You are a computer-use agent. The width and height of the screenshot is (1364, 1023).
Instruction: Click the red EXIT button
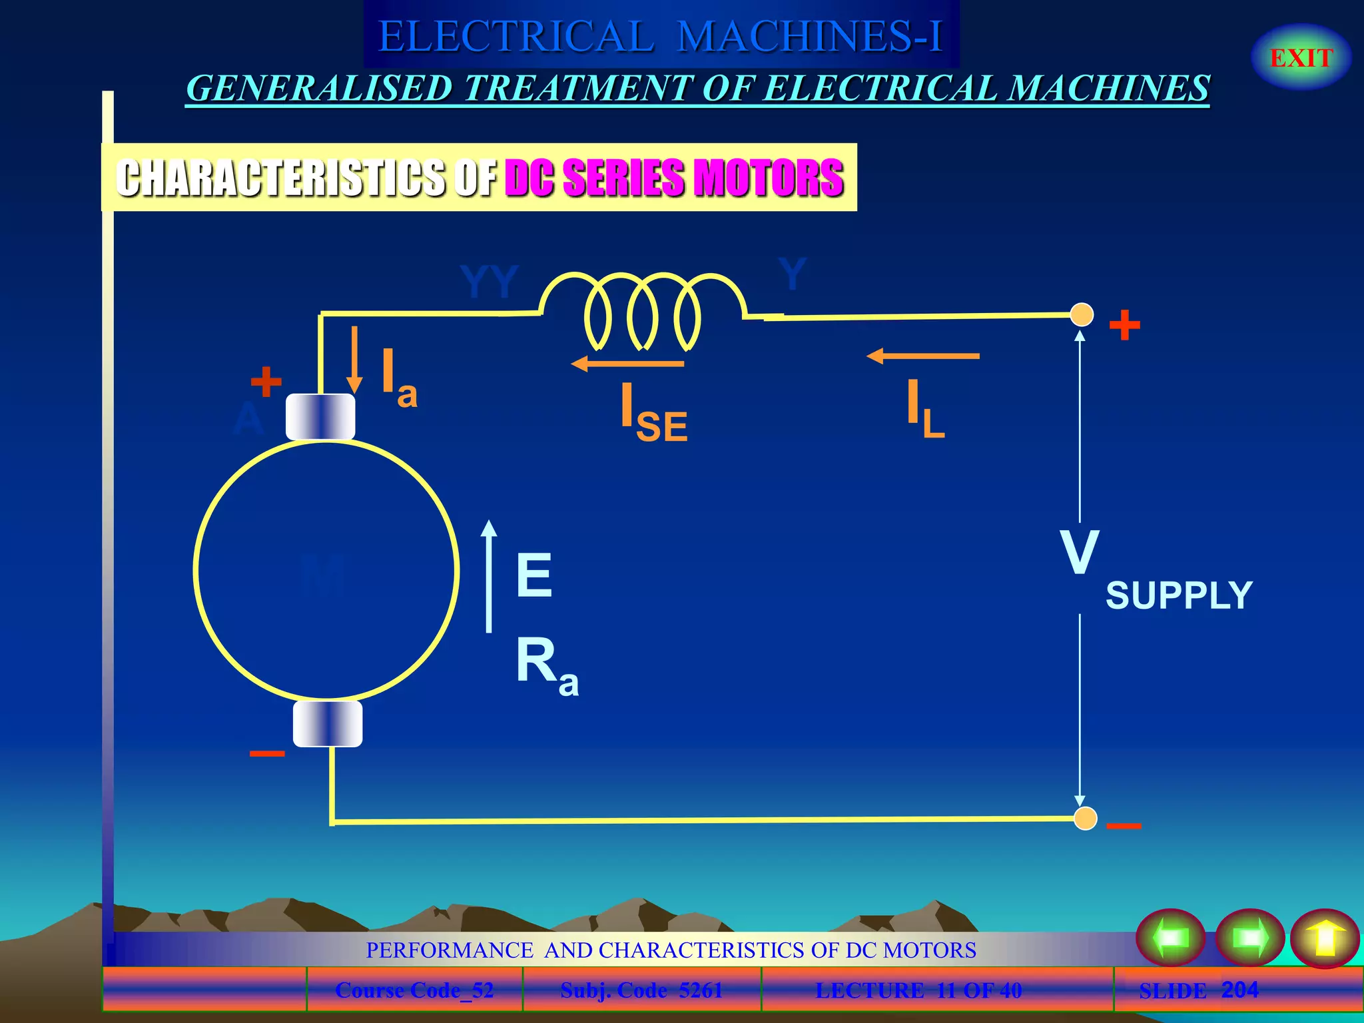pyautogui.click(x=1301, y=58)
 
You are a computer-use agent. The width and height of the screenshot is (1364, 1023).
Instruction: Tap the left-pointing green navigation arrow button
pyautogui.click(x=1171, y=938)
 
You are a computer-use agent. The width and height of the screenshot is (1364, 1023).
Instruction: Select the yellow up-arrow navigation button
pyautogui.click(x=1325, y=938)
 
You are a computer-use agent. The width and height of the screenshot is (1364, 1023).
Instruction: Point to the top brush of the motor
pyautogui.click(x=320, y=417)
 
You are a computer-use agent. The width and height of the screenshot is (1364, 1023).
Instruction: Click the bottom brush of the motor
pyautogui.click(x=328, y=723)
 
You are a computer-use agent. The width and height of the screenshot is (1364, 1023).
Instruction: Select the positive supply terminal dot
pyautogui.click(x=1082, y=314)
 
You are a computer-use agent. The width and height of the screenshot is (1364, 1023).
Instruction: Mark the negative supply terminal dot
pyautogui.click(x=1086, y=819)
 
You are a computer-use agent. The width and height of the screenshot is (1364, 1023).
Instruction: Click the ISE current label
pyautogui.click(x=653, y=412)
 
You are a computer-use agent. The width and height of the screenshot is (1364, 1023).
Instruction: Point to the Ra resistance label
pyautogui.click(x=547, y=665)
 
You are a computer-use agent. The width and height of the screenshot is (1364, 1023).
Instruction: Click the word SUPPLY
pyautogui.click(x=1179, y=595)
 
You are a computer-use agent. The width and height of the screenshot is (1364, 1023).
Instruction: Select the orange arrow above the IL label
pyautogui.click(x=922, y=356)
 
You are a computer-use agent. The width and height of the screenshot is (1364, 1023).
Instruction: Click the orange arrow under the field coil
pyautogui.click(x=627, y=364)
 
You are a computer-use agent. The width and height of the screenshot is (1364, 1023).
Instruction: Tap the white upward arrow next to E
pyautogui.click(x=489, y=576)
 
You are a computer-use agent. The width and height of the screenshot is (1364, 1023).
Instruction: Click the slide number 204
pyautogui.click(x=1239, y=990)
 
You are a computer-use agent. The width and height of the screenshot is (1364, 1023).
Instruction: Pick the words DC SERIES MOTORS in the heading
pyautogui.click(x=674, y=178)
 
